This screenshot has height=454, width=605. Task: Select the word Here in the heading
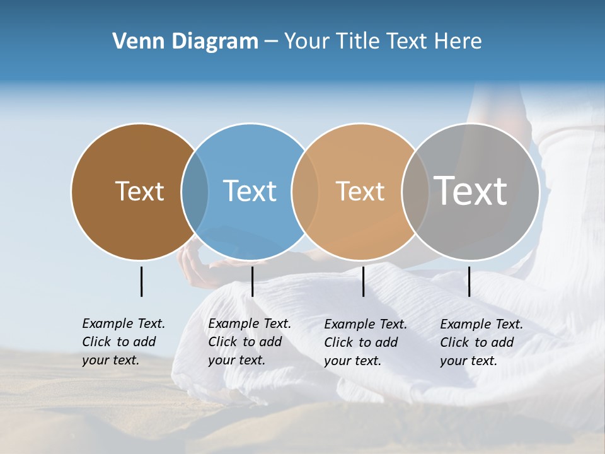(x=458, y=42)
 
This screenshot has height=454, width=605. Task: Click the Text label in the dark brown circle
(x=139, y=191)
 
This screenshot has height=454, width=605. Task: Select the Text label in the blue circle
(x=250, y=191)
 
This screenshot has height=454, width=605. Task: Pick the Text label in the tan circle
(x=360, y=191)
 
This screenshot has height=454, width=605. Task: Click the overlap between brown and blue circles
(x=195, y=191)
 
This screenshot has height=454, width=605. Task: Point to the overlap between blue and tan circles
(x=305, y=191)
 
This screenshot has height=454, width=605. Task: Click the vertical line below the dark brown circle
(x=141, y=281)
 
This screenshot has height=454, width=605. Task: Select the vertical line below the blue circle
(x=252, y=281)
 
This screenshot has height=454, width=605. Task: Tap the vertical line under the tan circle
(x=363, y=281)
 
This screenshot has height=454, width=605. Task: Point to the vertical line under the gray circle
(x=469, y=281)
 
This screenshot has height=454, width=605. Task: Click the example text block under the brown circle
(x=123, y=342)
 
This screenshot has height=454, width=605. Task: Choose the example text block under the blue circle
(x=249, y=342)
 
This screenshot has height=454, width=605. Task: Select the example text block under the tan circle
(x=365, y=342)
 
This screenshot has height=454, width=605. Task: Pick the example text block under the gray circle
(x=481, y=342)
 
